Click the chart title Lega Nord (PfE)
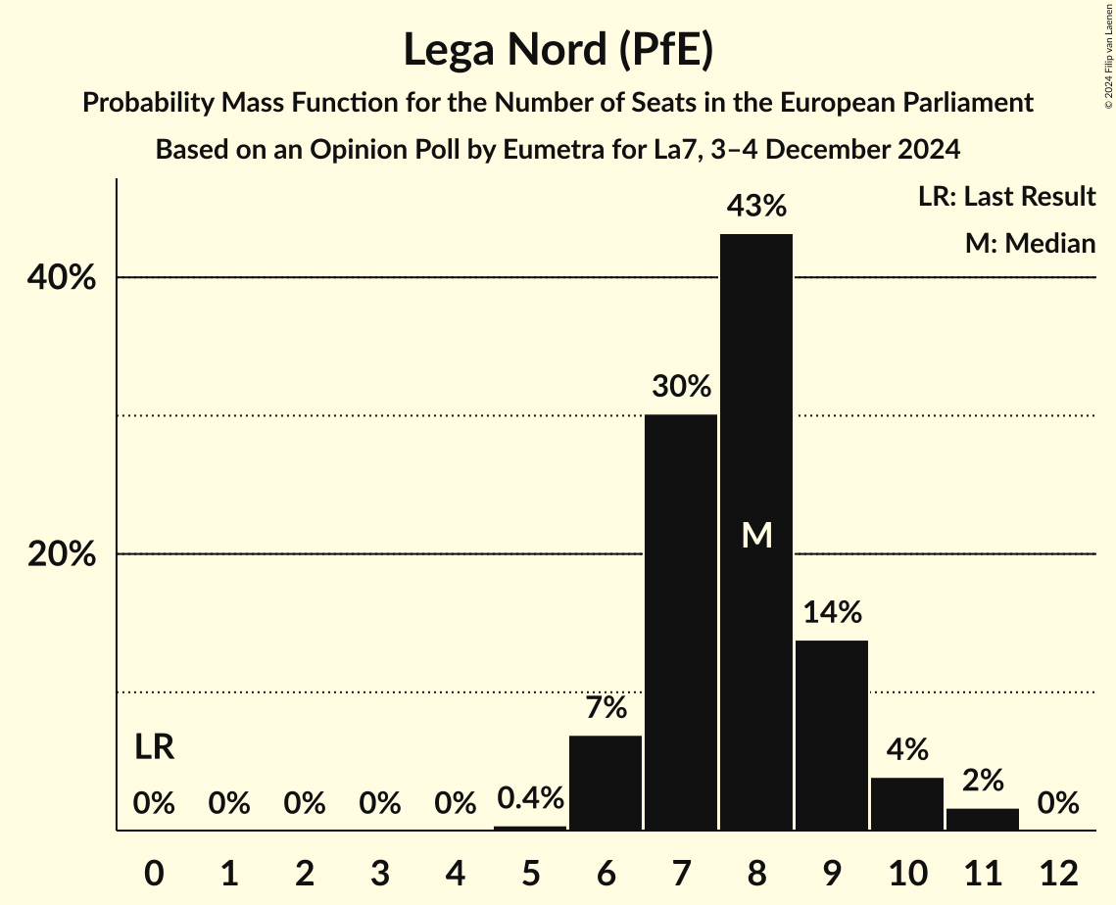pos(558,49)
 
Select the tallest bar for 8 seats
pos(755,392)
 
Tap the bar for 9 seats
pos(831,735)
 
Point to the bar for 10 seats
pos(906,803)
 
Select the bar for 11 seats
pos(982,819)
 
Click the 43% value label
pos(755,207)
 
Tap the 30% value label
pos(681,387)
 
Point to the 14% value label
pos(831,613)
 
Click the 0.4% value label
pos(530,798)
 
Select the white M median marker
pos(756,535)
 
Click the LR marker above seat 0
pos(154,748)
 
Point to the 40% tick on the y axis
pos(62,278)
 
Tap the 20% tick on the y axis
pos(62,554)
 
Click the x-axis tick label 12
pos(1057,873)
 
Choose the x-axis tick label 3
pos(379,873)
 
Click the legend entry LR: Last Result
pos(1006,197)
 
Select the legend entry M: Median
pos(1030,243)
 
